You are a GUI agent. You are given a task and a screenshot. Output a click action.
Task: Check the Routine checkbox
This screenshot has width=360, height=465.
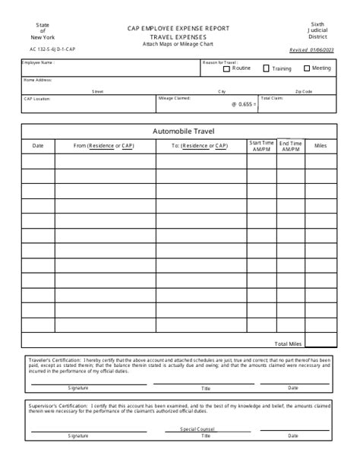227,68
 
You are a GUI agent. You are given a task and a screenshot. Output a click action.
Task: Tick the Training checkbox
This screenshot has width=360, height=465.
266,68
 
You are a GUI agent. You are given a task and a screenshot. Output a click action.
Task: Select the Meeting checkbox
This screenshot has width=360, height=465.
306,68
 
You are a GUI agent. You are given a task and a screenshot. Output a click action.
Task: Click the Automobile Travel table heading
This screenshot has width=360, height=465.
179,131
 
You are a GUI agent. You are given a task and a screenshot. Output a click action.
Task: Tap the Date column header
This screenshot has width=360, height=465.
38,145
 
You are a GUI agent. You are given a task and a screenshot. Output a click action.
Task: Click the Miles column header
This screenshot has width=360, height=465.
320,145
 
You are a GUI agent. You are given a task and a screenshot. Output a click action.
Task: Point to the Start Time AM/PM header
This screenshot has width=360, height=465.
261,145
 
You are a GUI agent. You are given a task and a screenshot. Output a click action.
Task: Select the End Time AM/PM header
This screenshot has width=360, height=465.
290,145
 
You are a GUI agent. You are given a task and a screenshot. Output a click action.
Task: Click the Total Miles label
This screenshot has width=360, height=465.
289,344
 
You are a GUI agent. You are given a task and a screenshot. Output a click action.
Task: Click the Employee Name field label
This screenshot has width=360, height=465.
38,63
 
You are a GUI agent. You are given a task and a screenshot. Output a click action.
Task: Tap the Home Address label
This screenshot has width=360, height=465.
39,79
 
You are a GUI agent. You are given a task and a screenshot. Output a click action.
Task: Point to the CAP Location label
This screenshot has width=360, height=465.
37,98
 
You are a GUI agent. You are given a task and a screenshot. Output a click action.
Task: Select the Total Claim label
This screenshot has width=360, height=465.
271,98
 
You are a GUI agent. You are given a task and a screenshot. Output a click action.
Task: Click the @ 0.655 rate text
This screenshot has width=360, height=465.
243,104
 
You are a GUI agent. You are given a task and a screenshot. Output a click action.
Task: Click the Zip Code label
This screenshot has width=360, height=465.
304,91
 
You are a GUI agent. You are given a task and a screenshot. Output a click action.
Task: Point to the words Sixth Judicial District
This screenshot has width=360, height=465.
317,30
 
